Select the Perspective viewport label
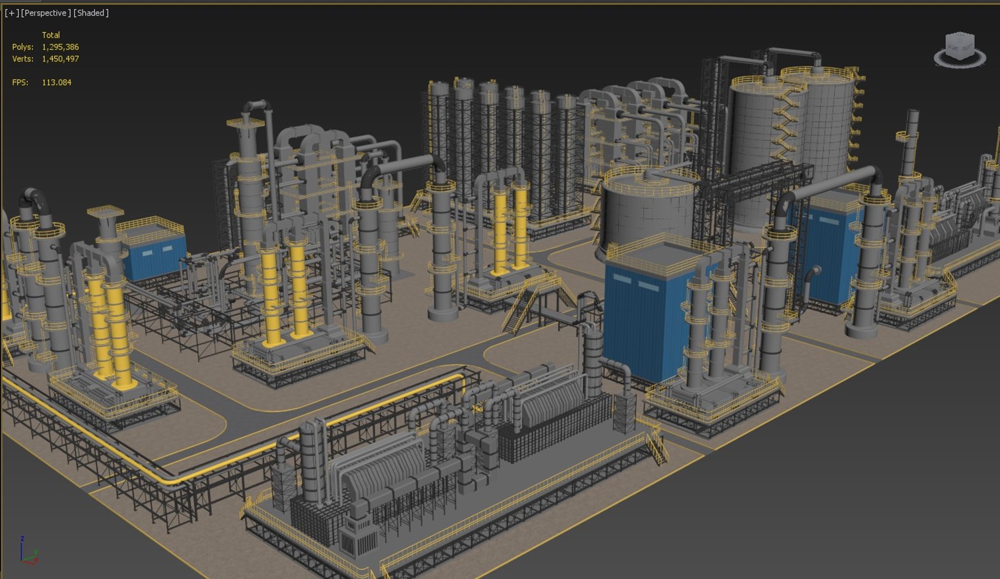pos(46,13)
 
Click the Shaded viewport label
pos(91,13)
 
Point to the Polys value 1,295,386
pos(60,47)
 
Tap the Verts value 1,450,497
pos(60,59)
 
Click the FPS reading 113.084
pos(56,83)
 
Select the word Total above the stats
pos(51,35)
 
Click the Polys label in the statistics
pos(23,47)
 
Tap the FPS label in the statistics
pos(20,83)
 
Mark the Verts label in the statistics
pos(23,59)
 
